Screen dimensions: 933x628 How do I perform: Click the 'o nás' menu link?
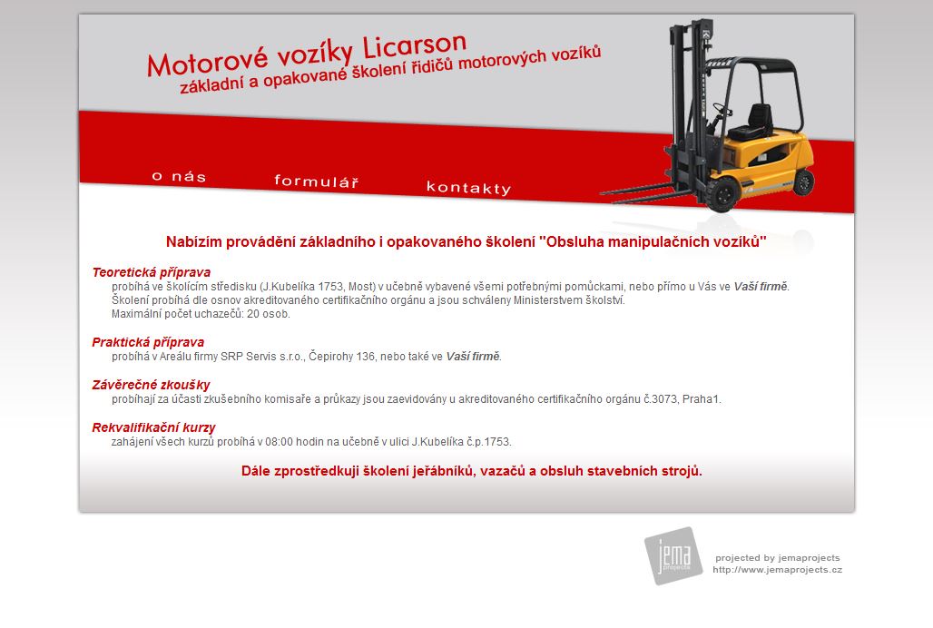[179, 176]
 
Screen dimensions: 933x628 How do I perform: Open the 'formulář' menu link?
[317, 181]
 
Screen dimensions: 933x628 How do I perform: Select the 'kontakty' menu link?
[469, 188]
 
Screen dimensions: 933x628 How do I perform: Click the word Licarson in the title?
[415, 45]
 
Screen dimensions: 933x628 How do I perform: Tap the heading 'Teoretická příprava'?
[152, 272]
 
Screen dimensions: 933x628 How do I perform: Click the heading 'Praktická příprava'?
[148, 342]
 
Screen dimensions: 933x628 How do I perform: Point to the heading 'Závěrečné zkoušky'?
[152, 385]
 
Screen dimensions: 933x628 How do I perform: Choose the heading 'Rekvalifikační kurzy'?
[153, 427]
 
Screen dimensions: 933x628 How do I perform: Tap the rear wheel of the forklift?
[803, 181]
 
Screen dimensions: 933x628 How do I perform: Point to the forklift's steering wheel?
[722, 110]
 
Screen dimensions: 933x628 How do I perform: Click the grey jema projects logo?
[673, 555]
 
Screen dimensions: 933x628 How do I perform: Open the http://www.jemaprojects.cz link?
[777, 570]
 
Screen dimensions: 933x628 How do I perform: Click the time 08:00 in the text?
[279, 442]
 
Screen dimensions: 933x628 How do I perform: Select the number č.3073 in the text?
[660, 399]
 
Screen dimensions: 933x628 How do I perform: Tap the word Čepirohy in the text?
[331, 357]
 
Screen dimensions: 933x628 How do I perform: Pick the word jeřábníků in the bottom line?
[442, 471]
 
